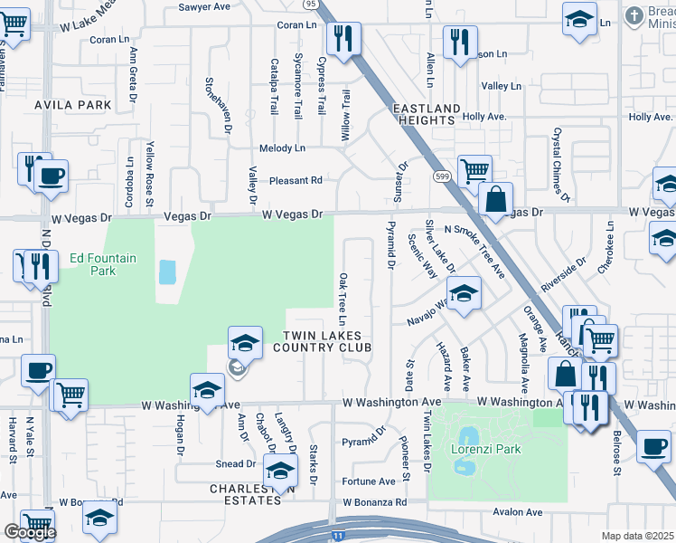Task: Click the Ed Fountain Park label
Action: (103, 264)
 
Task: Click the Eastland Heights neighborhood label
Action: (423, 114)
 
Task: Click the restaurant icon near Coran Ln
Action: (343, 38)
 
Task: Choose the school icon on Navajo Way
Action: (465, 294)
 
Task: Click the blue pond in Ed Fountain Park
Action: (167, 272)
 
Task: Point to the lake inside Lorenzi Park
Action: (466, 451)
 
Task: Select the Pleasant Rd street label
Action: (291, 180)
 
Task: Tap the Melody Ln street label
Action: (282, 148)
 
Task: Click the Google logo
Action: (29, 533)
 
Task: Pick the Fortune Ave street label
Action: (369, 481)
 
